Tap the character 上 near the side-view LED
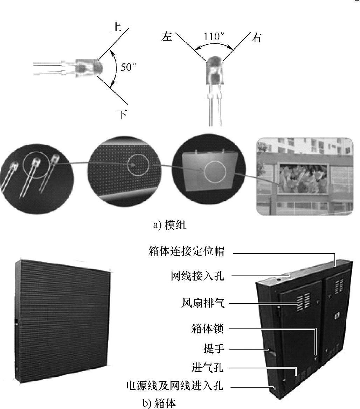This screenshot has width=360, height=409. (116, 27)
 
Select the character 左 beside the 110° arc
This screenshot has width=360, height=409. (167, 36)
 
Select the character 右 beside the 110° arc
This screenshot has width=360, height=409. (256, 37)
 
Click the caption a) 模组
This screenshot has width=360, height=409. (169, 225)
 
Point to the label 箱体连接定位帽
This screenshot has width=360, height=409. (186, 252)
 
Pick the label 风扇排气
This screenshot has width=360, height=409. (202, 303)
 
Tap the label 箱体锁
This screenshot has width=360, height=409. (207, 329)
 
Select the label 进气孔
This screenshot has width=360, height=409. (207, 368)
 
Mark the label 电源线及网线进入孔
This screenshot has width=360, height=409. (175, 386)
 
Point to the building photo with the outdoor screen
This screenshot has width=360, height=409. (304, 176)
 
